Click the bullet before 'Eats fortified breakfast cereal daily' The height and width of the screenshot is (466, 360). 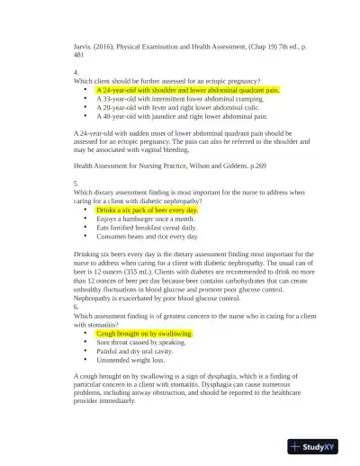[x=84, y=228]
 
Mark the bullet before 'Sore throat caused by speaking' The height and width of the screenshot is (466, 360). [x=84, y=342]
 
